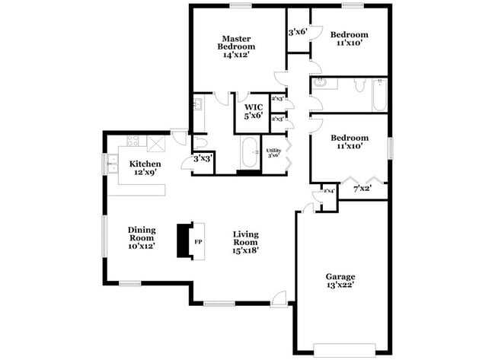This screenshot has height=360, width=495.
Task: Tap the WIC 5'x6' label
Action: coord(252,111)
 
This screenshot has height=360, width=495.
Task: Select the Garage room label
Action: coord(340,276)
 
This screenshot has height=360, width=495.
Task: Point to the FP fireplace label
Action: coord(198,243)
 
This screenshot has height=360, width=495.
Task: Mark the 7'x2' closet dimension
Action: coord(362,187)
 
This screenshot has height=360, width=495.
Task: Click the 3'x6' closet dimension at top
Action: coord(298,32)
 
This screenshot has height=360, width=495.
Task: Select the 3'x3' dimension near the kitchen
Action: coord(203,158)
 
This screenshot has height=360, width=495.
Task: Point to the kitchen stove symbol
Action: coord(133,141)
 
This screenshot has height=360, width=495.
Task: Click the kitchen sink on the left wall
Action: coord(113,161)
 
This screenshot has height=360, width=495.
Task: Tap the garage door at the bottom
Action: coord(345,350)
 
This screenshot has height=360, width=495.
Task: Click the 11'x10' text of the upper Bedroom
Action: coord(349,43)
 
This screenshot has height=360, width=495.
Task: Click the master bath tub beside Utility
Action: coord(249,154)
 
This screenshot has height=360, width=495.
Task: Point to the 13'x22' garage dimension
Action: coord(340,285)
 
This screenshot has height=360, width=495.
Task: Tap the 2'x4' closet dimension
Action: coord(329,190)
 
